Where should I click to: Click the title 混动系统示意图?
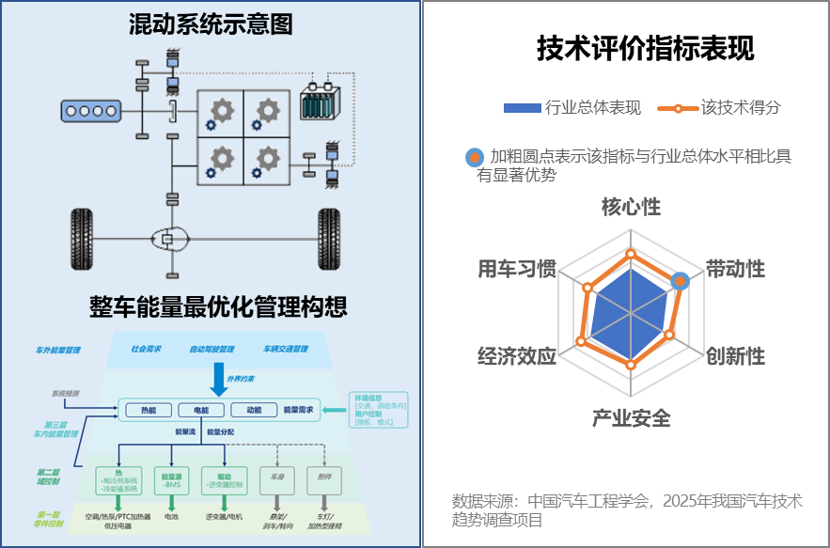(x=211, y=25)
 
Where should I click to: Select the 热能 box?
(x=149, y=410)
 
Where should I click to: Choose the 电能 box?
(x=201, y=410)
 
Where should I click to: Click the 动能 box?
(x=253, y=410)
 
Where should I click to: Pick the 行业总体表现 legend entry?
(x=572, y=108)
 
